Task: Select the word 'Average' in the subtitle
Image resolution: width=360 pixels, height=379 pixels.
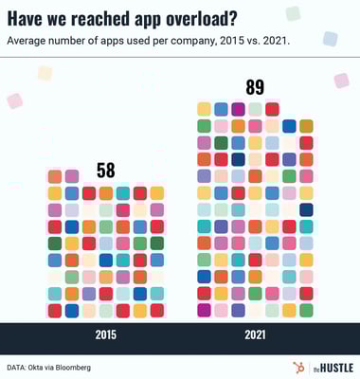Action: click(29, 41)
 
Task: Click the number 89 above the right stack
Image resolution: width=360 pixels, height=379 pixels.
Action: click(254, 87)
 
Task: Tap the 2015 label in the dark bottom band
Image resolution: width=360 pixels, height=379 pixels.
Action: click(106, 334)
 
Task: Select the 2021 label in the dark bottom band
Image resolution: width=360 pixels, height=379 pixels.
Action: click(253, 334)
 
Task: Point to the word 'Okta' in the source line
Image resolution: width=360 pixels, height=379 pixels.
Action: click(45, 366)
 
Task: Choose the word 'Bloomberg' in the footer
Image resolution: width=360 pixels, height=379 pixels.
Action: click(86, 366)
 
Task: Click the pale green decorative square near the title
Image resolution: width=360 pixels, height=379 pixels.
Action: click(293, 13)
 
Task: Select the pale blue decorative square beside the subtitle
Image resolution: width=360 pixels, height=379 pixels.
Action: click(330, 39)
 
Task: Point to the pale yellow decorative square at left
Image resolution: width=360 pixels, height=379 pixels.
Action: click(45, 73)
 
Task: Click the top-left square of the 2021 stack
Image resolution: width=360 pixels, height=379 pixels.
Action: click(204, 109)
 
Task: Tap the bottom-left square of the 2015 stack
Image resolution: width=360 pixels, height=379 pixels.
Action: click(55, 310)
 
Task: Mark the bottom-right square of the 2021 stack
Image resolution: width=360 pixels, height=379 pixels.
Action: click(306, 310)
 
